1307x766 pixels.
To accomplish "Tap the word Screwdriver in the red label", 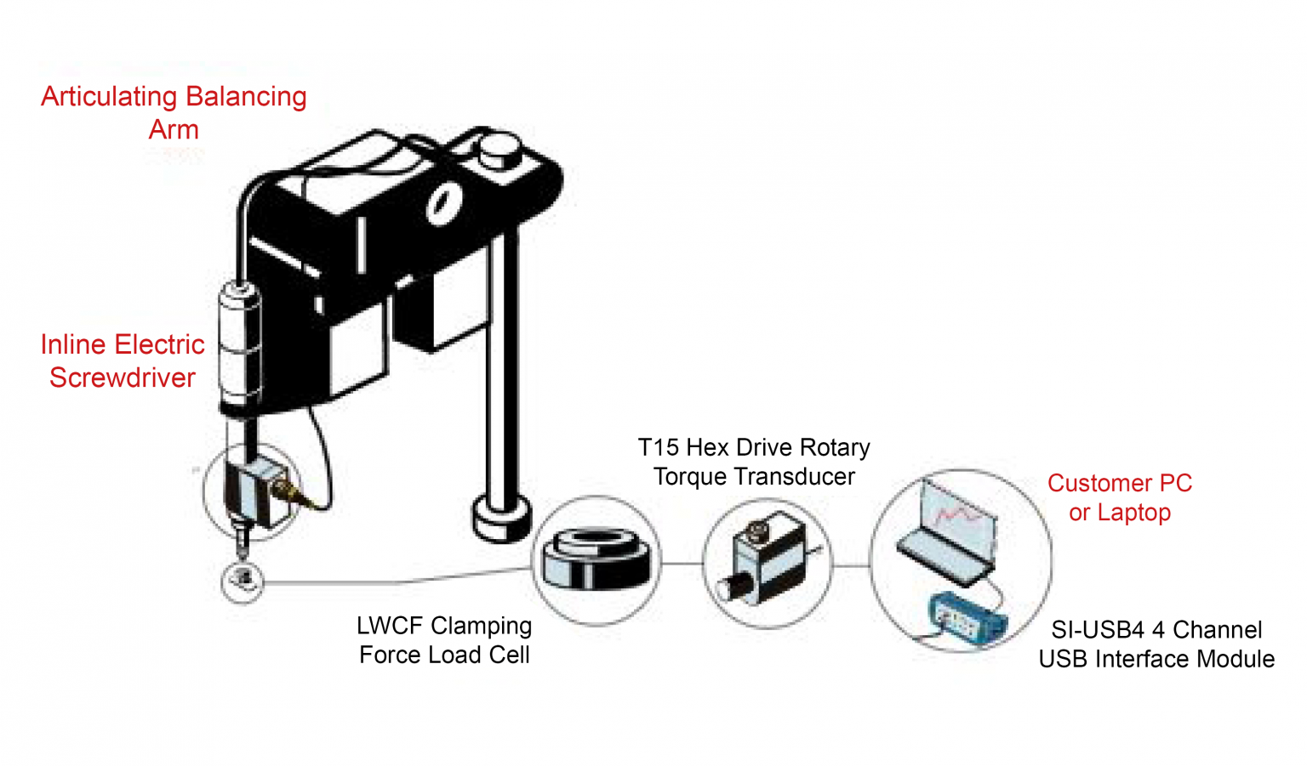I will click(123, 377).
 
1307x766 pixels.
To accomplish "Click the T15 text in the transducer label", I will click(658, 447).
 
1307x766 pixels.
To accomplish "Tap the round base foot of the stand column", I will click(502, 517).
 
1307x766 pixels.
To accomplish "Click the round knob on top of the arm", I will click(496, 152).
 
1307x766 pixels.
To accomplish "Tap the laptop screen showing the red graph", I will click(957, 519).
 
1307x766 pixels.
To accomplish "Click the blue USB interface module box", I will click(965, 618).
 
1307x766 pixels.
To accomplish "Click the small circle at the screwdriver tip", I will click(244, 581).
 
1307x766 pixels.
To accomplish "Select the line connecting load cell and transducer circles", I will click(682, 563).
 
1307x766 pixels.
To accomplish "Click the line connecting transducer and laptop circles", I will click(850, 565).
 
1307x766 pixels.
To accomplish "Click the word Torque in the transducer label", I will click(688, 477).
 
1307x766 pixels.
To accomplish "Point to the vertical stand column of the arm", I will click(505, 366).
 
